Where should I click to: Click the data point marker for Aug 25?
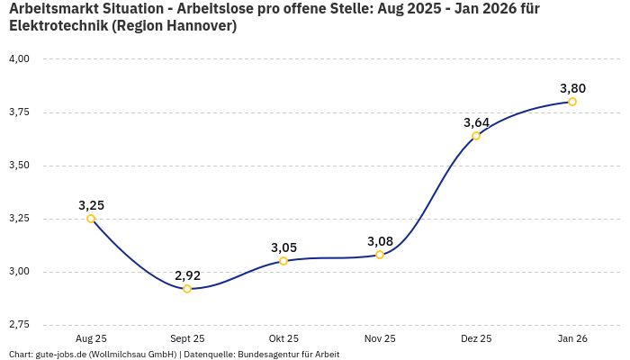(x=91, y=219)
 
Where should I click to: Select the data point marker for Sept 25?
(x=187, y=289)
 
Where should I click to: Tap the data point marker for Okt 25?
(x=283, y=261)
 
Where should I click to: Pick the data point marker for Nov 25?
(x=380, y=255)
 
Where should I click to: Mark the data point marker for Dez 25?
(x=476, y=136)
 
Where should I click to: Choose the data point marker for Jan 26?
(x=572, y=102)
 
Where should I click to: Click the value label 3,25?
(x=91, y=205)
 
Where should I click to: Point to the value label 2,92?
(x=187, y=275)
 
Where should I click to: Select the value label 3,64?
(x=476, y=122)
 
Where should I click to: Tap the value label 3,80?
(x=572, y=88)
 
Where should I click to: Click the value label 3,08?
(x=380, y=241)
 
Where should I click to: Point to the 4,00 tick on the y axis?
(x=19, y=59)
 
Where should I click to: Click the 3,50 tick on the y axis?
(x=19, y=166)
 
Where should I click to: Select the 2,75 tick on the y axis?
(x=19, y=324)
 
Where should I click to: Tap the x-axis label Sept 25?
(x=187, y=338)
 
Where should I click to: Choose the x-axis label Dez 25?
(x=476, y=338)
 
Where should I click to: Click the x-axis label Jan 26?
(x=572, y=338)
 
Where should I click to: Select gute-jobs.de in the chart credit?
(x=60, y=354)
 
